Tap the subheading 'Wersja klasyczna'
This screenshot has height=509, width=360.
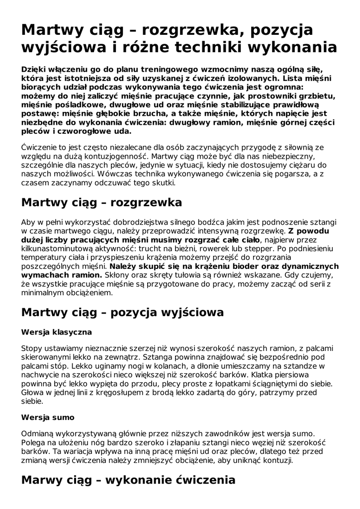[57, 331]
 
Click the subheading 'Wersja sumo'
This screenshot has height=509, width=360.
[48, 418]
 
